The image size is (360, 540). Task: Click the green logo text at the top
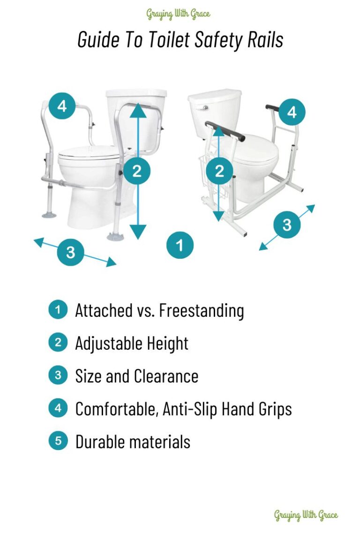pos(179,14)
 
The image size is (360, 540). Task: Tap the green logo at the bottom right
pos(306,515)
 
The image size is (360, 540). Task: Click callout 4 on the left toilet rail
pos(61,106)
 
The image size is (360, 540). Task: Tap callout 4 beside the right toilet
pos(292,112)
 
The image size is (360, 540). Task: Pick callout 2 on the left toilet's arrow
pos(137,171)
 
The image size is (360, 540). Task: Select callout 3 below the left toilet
pos(70,253)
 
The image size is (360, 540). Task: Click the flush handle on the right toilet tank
pos(202,108)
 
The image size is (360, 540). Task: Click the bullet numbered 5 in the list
pos(58,441)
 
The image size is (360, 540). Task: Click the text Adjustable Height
pos(132,343)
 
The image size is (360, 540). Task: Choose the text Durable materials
pos(133,442)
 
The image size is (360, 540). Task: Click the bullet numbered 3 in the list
pos(58,375)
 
